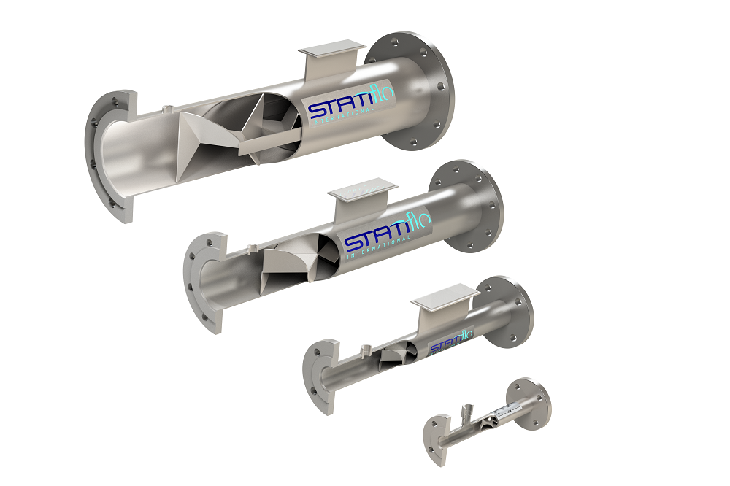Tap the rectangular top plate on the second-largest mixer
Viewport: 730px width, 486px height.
pos(353,191)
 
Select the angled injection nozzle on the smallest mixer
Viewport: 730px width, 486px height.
pos(468,414)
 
